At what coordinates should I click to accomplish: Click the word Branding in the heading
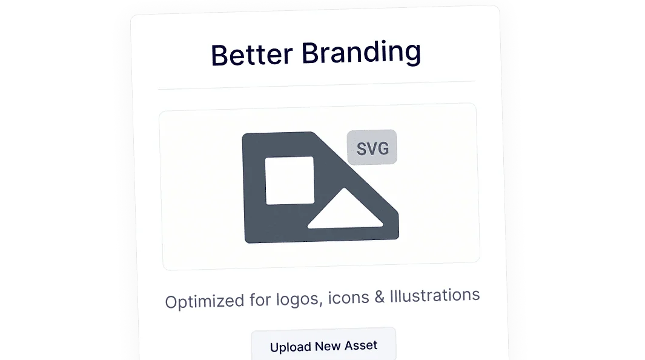[361, 52]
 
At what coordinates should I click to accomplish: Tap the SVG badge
[372, 147]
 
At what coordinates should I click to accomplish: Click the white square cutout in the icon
[290, 180]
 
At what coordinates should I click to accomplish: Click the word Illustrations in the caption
[435, 296]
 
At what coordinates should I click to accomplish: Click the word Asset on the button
[361, 345]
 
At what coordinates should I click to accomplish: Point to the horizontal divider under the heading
[317, 85]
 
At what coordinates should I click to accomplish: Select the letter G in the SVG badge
[382, 147]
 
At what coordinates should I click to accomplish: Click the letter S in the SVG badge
[361, 148]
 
